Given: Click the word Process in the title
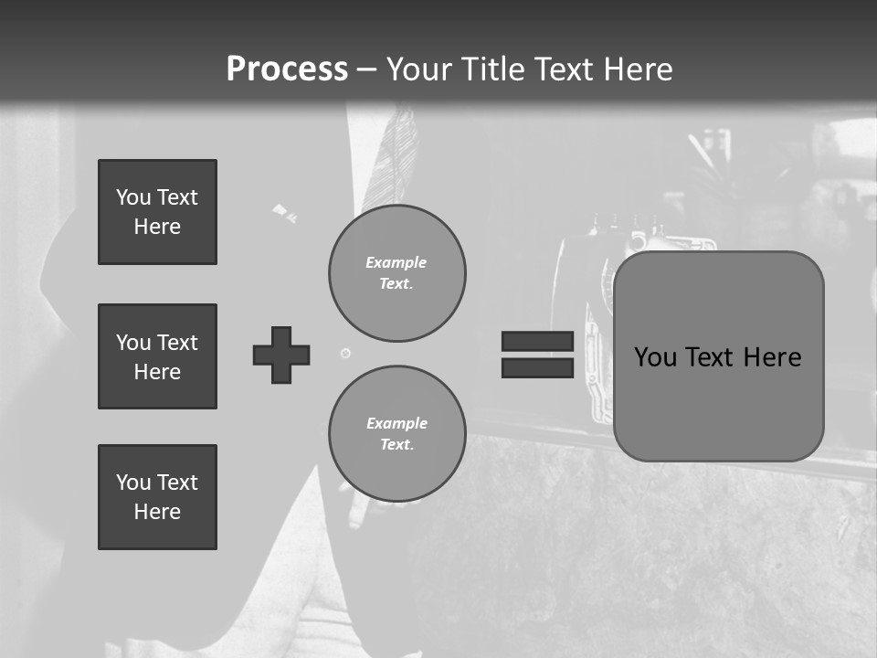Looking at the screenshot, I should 287,69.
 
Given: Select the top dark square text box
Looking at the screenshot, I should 157,212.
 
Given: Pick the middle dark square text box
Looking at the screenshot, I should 157,356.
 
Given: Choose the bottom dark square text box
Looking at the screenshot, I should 157,497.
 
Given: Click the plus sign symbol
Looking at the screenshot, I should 281,355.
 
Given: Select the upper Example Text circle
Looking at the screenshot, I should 397,273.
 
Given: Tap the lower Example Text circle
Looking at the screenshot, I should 397,434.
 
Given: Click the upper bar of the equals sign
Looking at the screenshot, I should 537,342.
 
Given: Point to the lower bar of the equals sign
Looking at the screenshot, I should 537,367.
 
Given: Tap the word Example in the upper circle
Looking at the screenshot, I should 396,262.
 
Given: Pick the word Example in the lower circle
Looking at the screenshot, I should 396,423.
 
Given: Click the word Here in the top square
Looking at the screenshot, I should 157,227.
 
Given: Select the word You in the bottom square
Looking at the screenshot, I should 133,483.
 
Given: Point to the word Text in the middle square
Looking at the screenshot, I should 176,343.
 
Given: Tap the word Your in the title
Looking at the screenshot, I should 418,69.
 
